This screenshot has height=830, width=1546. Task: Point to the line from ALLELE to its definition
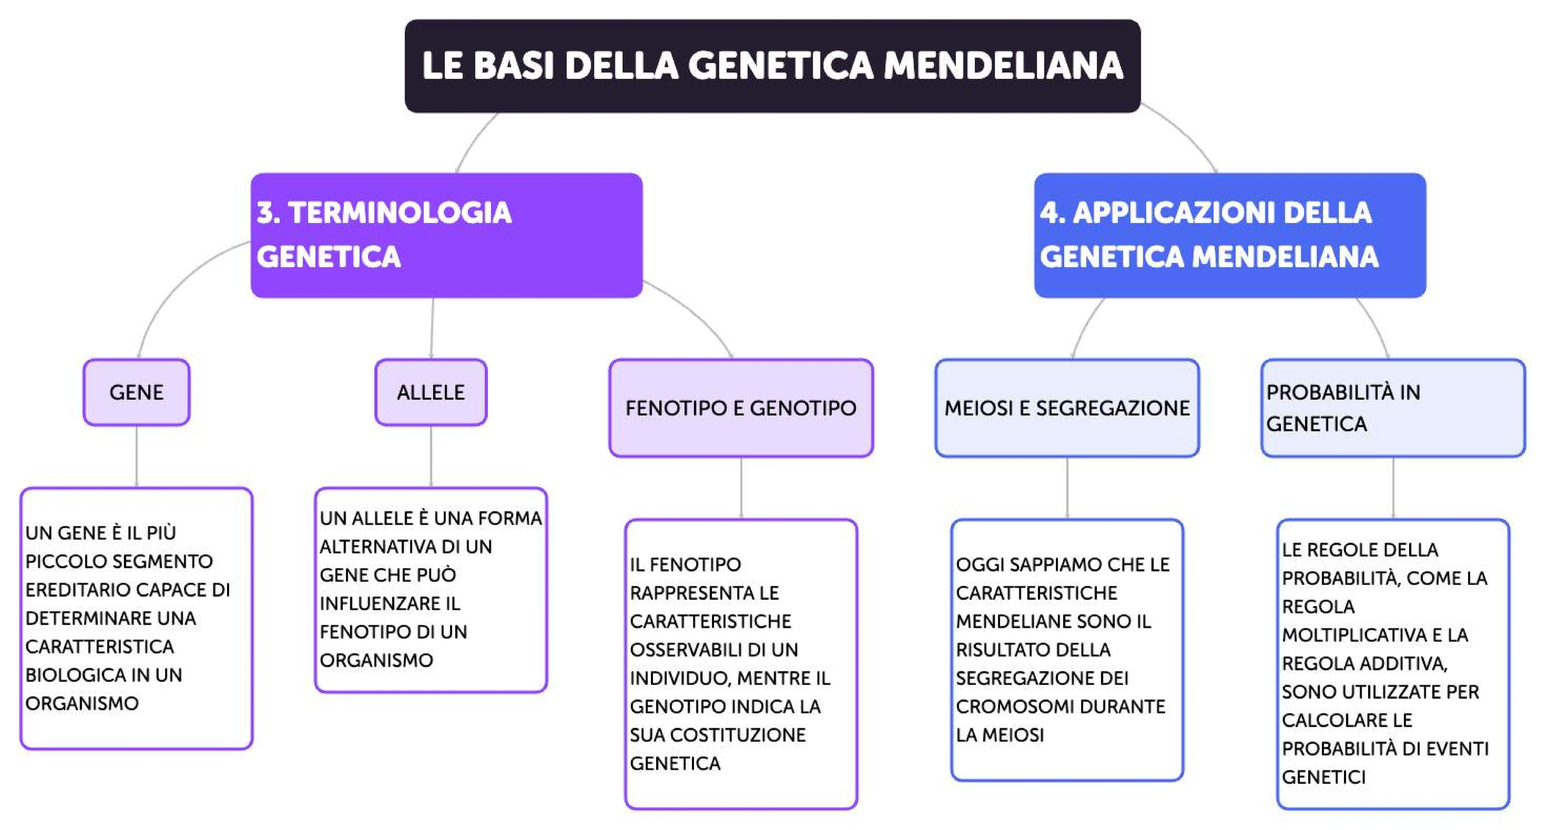click(x=431, y=456)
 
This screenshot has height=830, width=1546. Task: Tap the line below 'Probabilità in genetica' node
click(x=1393, y=487)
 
